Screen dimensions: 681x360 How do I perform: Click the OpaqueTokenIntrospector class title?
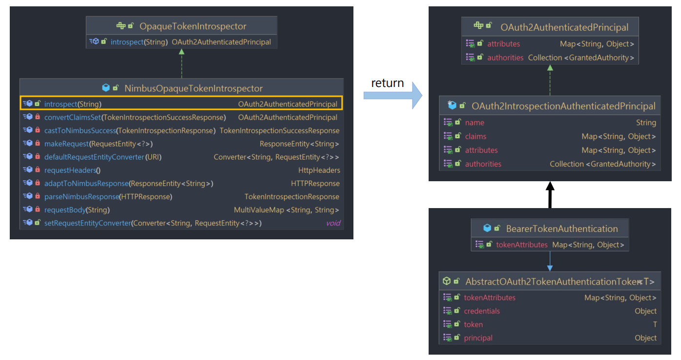(193, 26)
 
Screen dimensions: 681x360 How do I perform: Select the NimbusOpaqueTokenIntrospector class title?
(193, 88)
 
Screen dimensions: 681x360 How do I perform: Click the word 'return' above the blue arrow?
(387, 83)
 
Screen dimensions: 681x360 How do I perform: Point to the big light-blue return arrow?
(393, 96)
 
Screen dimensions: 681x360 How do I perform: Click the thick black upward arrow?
(550, 195)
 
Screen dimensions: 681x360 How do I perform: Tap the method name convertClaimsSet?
(72, 117)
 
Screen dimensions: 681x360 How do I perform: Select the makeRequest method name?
(66, 144)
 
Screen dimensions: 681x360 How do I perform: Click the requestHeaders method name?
(70, 170)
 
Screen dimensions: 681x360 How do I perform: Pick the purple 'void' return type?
(333, 223)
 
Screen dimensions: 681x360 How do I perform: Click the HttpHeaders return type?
(319, 170)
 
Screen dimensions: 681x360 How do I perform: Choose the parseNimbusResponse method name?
(82, 197)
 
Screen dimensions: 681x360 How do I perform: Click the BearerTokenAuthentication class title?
(562, 229)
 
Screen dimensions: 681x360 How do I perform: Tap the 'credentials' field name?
(481, 311)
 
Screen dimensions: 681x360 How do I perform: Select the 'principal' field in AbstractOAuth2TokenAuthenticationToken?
(478, 338)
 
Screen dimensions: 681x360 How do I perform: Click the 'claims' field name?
(475, 136)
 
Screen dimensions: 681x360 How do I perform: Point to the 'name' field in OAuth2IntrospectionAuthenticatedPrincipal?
(475, 123)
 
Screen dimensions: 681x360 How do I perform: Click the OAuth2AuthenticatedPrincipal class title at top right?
(564, 27)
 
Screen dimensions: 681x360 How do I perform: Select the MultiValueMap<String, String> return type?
(286, 210)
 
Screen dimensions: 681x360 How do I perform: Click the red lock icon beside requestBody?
(38, 210)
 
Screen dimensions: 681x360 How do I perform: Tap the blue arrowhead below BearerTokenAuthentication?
(550, 268)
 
